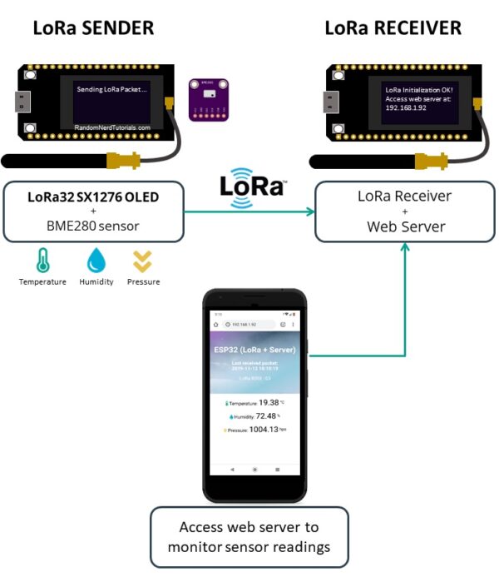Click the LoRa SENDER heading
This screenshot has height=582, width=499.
[93, 27]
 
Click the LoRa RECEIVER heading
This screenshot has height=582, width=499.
[393, 27]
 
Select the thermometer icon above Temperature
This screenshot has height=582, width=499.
[42, 261]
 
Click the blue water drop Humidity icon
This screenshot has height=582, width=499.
[96, 261]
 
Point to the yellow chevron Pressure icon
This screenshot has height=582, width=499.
[143, 261]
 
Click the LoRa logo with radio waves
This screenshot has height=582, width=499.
[253, 185]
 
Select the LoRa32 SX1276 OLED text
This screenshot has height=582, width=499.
[93, 196]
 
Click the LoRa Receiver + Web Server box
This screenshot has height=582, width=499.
[403, 211]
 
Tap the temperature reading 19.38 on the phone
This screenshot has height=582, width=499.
[269, 402]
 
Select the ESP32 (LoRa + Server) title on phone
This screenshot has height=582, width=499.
[254, 350]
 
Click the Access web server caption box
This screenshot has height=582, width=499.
[249, 537]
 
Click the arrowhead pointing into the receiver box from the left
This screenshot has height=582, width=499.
[311, 211]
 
